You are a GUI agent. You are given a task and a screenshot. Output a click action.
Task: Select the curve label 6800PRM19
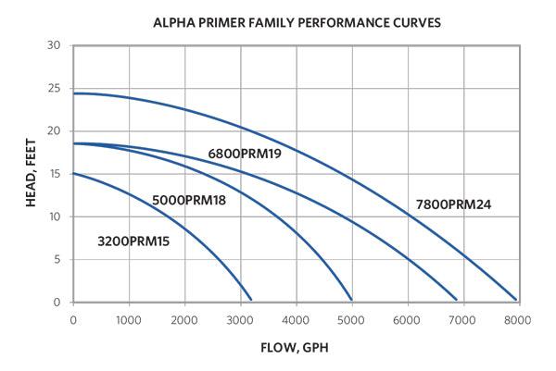245,154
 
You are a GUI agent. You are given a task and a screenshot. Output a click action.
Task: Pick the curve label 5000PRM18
189,199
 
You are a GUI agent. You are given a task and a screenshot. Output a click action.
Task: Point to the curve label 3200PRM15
134,241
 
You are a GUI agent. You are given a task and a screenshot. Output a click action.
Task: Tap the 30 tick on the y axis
55,45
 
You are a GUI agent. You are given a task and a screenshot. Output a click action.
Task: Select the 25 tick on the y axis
55,88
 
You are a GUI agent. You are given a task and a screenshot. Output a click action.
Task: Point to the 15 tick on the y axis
55,174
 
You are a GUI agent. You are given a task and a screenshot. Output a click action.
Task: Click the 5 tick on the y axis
57,260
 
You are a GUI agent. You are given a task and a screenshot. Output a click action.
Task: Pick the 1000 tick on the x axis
129,319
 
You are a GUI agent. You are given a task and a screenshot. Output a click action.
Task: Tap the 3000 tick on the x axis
240,319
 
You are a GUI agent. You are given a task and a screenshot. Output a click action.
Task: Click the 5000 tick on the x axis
351,319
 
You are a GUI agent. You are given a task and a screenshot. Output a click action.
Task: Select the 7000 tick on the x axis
462,319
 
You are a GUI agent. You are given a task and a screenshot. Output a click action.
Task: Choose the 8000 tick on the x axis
517,319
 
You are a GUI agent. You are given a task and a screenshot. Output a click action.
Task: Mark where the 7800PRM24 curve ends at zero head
515,300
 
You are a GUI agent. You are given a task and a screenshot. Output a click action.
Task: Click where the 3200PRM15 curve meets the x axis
251,300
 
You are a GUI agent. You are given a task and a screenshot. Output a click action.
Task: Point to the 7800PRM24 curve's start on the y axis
74,93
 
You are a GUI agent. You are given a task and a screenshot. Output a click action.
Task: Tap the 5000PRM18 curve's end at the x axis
351,300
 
